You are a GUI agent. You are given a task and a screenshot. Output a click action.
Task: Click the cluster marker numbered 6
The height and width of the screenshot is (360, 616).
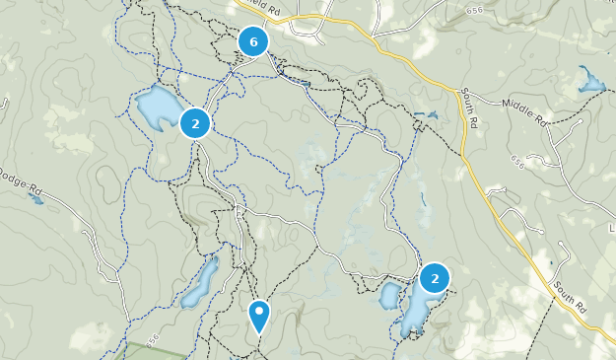click(254, 41)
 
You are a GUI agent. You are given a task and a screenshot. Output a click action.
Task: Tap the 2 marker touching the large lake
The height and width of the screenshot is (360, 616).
click(195, 123)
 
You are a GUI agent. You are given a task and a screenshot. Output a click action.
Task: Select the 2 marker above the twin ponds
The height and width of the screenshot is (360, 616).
click(434, 278)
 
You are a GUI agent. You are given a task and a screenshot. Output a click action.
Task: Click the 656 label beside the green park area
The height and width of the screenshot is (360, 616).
click(153, 339)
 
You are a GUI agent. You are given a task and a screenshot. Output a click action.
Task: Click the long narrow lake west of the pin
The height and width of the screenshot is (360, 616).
click(200, 283)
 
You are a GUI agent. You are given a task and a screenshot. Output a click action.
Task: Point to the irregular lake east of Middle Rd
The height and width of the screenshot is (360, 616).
click(590, 81)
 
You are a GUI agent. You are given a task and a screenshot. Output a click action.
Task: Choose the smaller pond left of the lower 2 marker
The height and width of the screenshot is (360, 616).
click(388, 295)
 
